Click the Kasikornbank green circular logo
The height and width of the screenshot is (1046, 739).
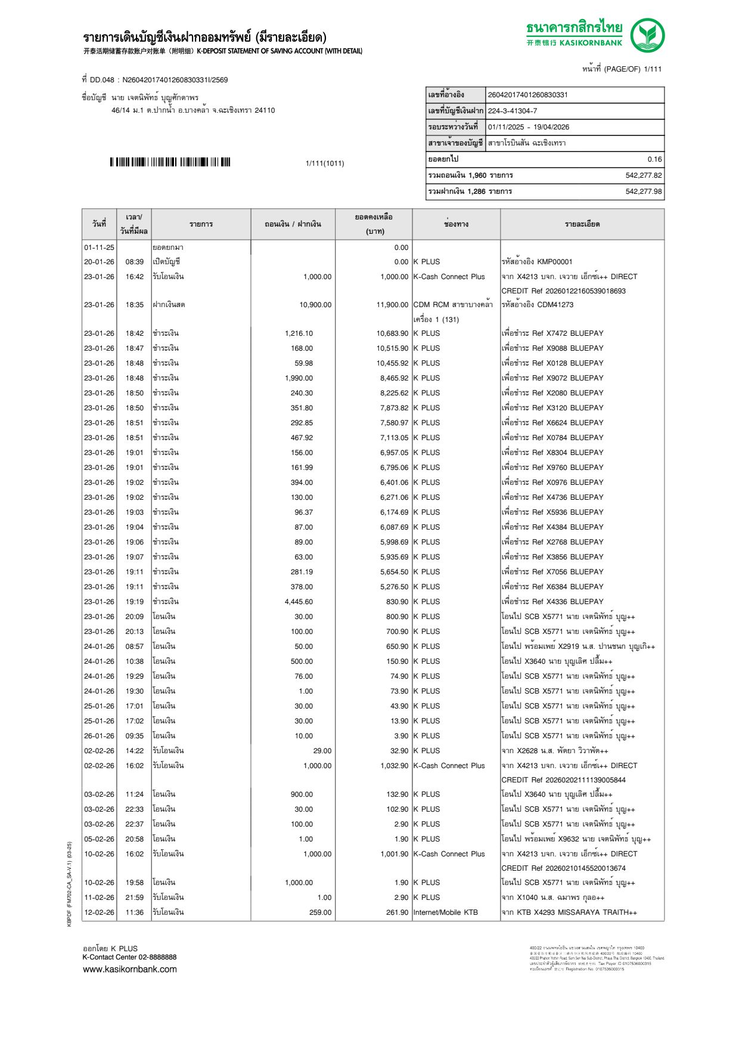tap(647, 35)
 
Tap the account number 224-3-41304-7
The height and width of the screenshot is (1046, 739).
tap(512, 111)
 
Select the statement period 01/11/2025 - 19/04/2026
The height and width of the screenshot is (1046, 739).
tap(528, 127)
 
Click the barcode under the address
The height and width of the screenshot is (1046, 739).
tap(170, 162)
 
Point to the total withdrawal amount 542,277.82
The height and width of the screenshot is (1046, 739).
tap(643, 175)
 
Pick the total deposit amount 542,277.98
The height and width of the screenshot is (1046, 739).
tap(643, 191)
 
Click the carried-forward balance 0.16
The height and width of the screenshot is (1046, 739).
tap(654, 159)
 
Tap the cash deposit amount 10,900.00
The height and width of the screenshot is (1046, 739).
tap(315, 305)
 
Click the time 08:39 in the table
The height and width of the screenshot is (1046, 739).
tap(134, 262)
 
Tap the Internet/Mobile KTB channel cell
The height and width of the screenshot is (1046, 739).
tap(445, 912)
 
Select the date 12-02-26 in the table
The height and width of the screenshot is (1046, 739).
tap(99, 912)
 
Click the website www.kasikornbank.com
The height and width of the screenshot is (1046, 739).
tap(130, 969)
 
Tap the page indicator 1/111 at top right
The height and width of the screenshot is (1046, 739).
tap(653, 69)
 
